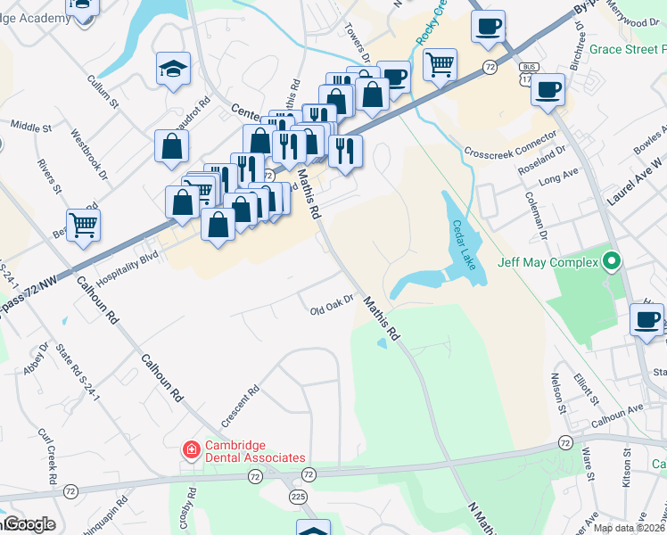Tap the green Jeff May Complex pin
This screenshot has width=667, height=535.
(x=612, y=263)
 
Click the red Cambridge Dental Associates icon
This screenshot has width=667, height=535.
(x=190, y=450)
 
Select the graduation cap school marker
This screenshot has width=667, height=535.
(x=173, y=69)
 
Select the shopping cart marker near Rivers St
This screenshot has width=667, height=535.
(x=83, y=225)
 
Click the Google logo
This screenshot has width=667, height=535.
(x=29, y=524)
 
